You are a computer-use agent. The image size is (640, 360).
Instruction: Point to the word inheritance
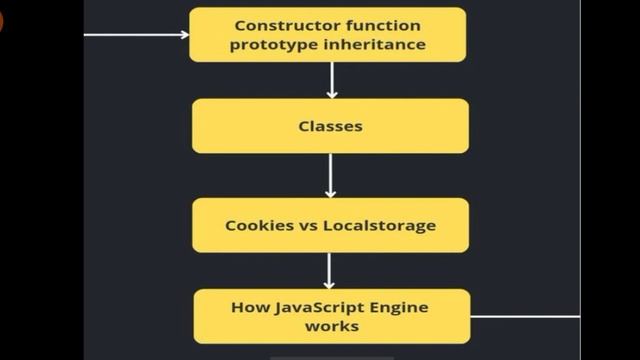371,45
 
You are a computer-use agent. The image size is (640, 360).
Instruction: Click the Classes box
330,126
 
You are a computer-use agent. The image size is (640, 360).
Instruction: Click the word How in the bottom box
250,307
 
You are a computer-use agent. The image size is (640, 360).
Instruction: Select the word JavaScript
316,307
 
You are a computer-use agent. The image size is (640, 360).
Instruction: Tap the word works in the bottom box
331,326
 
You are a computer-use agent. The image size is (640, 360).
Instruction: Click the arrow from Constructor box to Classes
331,80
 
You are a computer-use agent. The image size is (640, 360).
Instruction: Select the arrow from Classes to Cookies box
330,175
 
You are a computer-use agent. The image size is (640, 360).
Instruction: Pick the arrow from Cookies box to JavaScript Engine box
330,270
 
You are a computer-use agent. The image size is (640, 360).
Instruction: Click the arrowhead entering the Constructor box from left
184,35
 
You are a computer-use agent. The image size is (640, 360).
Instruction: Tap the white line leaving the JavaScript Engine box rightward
524,316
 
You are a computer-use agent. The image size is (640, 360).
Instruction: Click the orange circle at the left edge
1,20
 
